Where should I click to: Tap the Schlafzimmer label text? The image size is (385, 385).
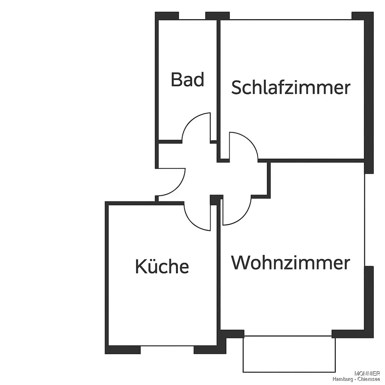click(x=291, y=87)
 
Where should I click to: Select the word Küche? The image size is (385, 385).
click(x=162, y=266)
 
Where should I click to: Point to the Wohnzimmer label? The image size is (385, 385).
click(x=291, y=263)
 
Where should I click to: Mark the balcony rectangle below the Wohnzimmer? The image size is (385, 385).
click(x=289, y=354)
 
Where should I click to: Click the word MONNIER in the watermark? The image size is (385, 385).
click(x=367, y=374)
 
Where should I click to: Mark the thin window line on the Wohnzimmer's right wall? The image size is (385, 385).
click(x=365, y=219)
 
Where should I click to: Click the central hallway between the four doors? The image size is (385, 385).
click(x=216, y=179)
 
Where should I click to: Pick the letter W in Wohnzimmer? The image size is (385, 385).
click(x=240, y=263)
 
